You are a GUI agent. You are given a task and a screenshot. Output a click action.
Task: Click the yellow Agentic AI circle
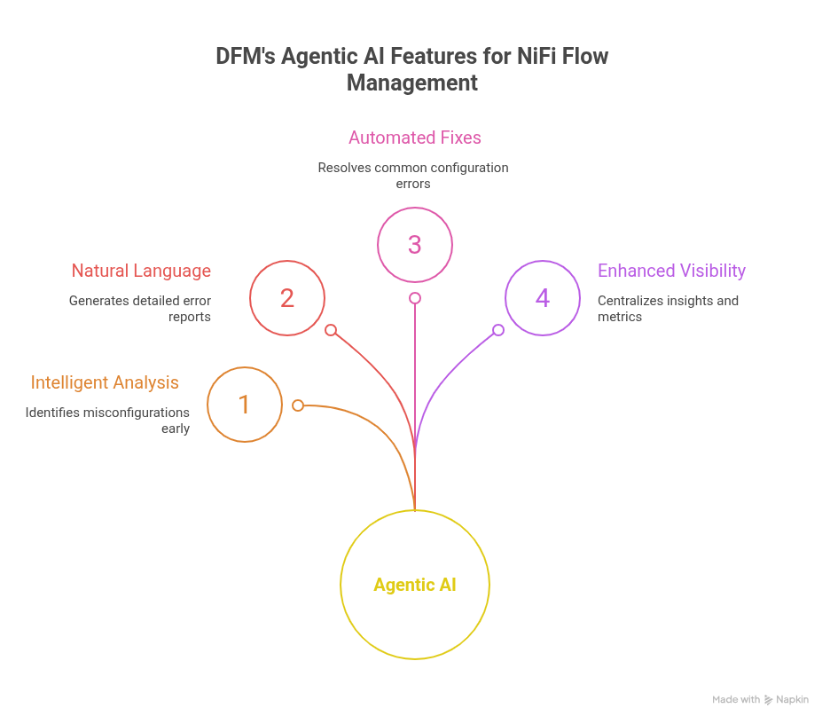click(415, 585)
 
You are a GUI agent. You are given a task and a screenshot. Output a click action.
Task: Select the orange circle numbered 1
click(245, 405)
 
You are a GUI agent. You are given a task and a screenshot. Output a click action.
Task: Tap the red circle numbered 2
click(287, 298)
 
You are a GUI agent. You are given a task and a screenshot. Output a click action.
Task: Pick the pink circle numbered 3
click(415, 244)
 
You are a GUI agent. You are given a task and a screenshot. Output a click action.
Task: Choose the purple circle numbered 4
click(543, 298)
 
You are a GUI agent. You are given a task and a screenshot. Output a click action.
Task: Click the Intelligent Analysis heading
click(105, 382)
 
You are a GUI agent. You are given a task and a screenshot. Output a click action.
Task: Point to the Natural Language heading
click(141, 271)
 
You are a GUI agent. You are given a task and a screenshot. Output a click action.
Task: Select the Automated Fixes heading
click(414, 138)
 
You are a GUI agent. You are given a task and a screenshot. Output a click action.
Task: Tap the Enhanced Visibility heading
click(671, 271)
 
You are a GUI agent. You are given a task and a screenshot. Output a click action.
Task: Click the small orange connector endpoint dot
click(298, 405)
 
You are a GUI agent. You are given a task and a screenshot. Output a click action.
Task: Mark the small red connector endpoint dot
click(331, 330)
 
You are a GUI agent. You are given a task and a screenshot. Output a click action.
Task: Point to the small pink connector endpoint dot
click(414, 298)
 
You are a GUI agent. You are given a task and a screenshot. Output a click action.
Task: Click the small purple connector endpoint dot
click(498, 330)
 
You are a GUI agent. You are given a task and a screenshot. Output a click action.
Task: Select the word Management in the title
click(412, 83)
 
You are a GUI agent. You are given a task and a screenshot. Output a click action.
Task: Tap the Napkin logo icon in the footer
click(768, 700)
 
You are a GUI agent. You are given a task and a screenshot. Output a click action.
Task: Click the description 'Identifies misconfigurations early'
click(107, 421)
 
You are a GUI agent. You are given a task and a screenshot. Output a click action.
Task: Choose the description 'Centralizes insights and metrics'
click(668, 308)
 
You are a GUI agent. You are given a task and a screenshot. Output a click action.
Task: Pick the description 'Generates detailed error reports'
click(140, 308)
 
